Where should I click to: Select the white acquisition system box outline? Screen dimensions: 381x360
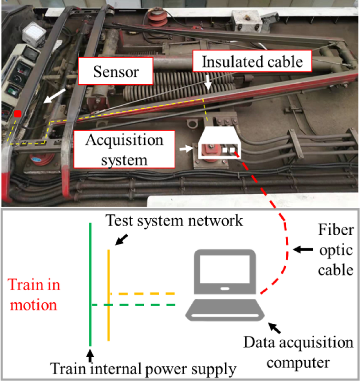click(x=218, y=143)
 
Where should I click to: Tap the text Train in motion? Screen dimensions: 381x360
click(x=34, y=295)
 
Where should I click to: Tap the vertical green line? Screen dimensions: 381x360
click(x=91, y=270)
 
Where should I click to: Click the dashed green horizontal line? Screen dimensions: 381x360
click(x=135, y=305)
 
